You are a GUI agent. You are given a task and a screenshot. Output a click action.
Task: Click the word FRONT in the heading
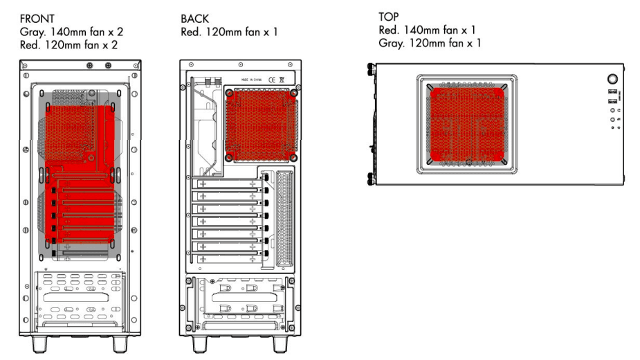(37, 19)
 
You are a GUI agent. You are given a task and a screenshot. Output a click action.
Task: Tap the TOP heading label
(388, 16)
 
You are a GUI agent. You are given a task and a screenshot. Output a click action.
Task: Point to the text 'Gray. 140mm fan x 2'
(71, 31)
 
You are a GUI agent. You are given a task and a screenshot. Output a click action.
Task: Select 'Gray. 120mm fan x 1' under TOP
(430, 43)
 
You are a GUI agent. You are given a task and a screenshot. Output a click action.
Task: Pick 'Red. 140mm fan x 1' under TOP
(428, 30)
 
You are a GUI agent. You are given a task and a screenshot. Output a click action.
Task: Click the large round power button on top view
(612, 79)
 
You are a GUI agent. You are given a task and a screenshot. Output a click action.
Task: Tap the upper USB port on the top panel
(612, 92)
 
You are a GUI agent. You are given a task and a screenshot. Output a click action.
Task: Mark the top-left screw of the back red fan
(229, 93)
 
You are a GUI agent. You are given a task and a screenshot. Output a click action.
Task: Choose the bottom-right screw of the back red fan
(293, 157)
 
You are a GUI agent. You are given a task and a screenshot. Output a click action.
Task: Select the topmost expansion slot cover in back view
(228, 184)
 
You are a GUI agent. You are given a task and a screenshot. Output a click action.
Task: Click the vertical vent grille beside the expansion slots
(284, 217)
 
